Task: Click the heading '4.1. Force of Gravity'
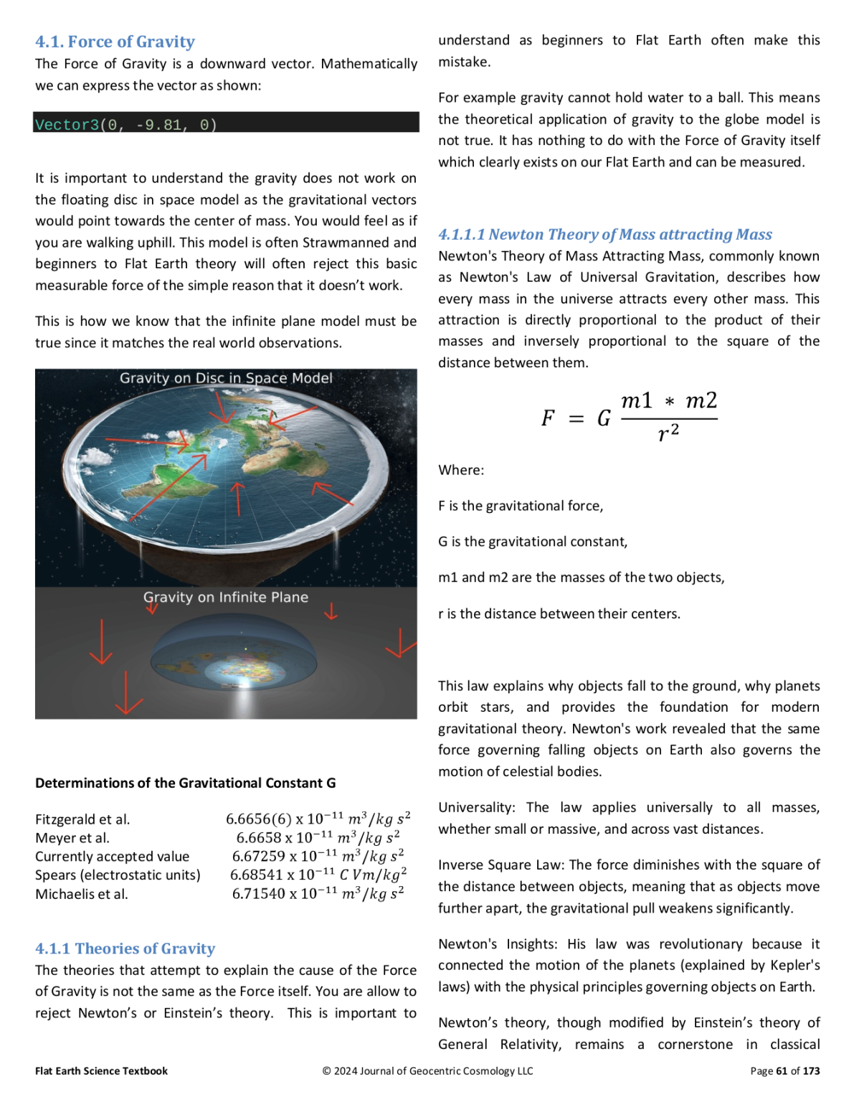click(115, 42)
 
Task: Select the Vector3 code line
click(125, 125)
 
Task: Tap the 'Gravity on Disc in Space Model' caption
click(226, 378)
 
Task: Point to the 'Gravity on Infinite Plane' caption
click(226, 597)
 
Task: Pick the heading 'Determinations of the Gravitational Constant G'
click(185, 783)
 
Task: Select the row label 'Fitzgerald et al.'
click(82, 819)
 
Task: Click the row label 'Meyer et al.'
click(72, 838)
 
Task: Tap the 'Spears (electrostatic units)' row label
click(118, 875)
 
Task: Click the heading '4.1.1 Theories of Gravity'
click(125, 948)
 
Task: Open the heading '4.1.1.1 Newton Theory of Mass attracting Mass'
click(605, 235)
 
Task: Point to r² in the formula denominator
click(668, 433)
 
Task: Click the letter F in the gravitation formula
click(548, 418)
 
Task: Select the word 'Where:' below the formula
click(461, 470)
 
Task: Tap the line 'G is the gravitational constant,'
click(533, 542)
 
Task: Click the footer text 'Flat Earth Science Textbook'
click(101, 1071)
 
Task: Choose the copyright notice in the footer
click(427, 1071)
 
